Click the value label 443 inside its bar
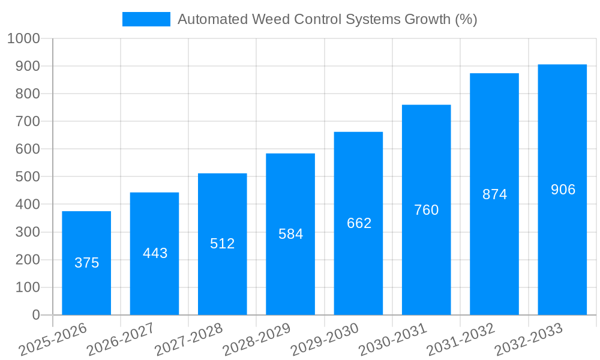(155, 253)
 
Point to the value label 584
(290, 234)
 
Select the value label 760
(427, 210)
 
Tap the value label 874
(494, 194)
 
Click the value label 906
(563, 190)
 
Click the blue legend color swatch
(146, 19)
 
